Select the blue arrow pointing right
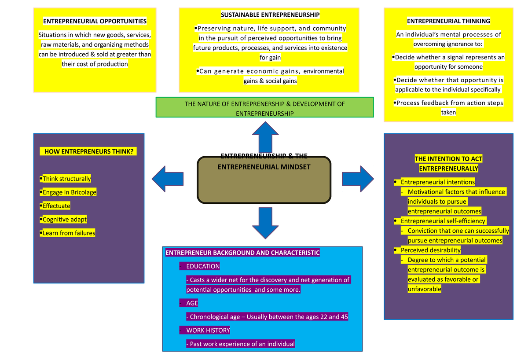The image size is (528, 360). pyautogui.click(x=357, y=179)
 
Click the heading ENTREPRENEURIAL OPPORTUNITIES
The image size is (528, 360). pyautogui.click(x=95, y=21)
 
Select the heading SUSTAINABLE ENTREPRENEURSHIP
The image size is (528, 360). pyautogui.click(x=270, y=15)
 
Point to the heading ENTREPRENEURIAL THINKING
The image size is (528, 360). pyautogui.click(x=448, y=21)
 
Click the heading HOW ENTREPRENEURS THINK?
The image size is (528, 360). pyautogui.click(x=88, y=151)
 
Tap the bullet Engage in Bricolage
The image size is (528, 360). pyautogui.click(x=68, y=192)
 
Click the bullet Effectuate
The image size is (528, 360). pyautogui.click(x=55, y=206)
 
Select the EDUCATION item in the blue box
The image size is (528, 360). pyautogui.click(x=202, y=266)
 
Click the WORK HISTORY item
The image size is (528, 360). pyautogui.click(x=207, y=330)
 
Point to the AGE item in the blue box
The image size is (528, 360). pyautogui.click(x=191, y=303)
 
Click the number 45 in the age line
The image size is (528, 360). pyautogui.click(x=345, y=317)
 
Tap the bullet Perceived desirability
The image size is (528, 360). pyautogui.click(x=430, y=250)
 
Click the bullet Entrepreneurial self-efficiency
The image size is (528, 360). pyautogui.click(x=443, y=221)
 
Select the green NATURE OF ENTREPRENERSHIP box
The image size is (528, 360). pyautogui.click(x=264, y=108)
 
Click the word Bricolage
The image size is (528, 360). pyautogui.click(x=83, y=192)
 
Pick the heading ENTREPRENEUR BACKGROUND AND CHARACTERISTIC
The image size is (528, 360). pyautogui.click(x=242, y=253)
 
